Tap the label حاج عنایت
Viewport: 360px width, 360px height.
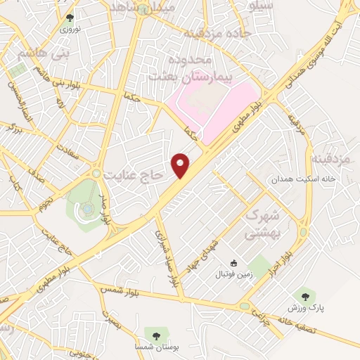click(133, 172)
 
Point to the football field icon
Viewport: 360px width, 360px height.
click(234, 263)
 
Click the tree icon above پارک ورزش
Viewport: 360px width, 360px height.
click(304, 296)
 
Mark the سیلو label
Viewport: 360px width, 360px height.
click(262, 6)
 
